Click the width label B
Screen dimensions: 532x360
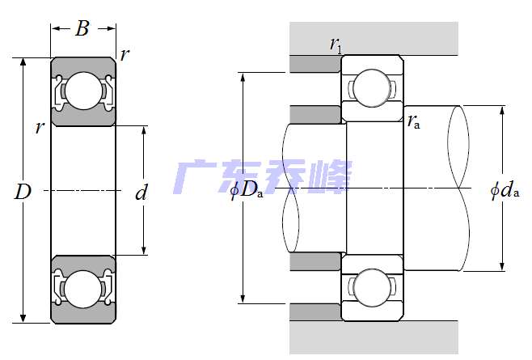pos(82,28)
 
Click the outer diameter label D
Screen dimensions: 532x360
pos(23,192)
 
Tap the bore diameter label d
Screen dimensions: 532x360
pos(141,193)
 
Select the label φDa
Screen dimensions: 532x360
pos(247,191)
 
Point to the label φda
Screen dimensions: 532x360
pos(505,191)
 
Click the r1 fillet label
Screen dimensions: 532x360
pos(336,44)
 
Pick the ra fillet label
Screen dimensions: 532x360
pos(414,121)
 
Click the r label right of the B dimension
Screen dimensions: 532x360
pos(125,54)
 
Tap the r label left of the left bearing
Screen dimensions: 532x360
pos(40,128)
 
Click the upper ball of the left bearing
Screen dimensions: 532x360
pos(83,91)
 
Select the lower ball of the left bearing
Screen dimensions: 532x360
pos(83,290)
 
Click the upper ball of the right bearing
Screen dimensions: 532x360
pos(372,88)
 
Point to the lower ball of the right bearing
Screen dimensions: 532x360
pos(372,288)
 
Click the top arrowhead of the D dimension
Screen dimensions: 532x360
pos(23,62)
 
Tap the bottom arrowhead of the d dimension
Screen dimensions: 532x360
pos(144,250)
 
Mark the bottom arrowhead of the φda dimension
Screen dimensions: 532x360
pos(502,266)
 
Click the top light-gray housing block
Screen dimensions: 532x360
pos(374,38)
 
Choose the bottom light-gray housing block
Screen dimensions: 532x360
pos(374,337)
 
